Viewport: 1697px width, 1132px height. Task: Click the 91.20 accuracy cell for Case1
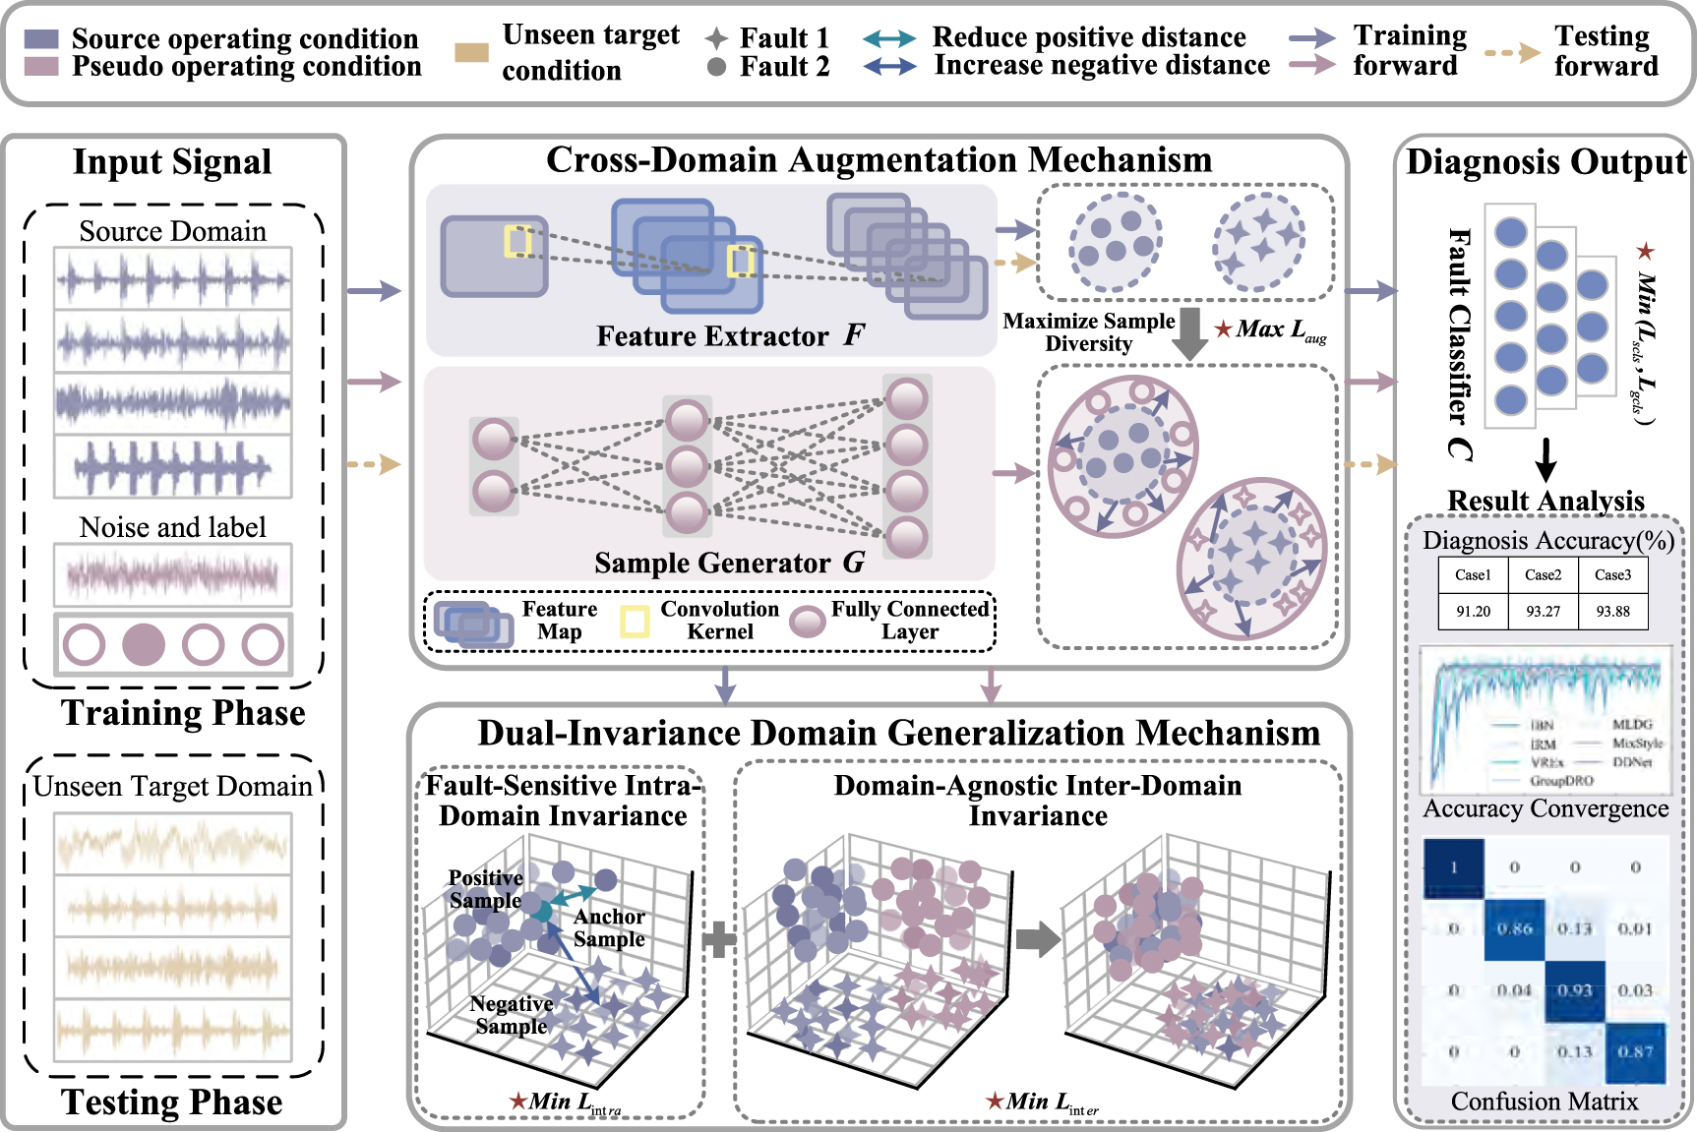(1473, 611)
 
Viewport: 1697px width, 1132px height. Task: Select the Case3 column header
(1612, 575)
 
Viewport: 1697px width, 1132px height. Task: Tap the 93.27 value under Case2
(1543, 611)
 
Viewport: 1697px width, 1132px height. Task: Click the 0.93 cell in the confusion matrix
(1574, 990)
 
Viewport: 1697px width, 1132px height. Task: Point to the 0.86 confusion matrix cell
(1514, 928)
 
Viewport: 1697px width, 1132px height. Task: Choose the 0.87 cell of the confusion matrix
(1635, 1051)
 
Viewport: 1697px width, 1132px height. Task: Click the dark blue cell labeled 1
(1453, 867)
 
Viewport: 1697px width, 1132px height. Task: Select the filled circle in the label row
(144, 645)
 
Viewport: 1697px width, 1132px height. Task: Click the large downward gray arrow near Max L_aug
(1190, 334)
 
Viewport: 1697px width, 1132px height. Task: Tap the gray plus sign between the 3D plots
(719, 939)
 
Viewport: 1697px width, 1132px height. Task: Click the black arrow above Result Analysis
(1545, 458)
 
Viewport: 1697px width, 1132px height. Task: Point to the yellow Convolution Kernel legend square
(635, 622)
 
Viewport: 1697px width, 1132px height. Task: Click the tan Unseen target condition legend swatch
(472, 52)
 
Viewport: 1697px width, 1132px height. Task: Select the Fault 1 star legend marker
(717, 38)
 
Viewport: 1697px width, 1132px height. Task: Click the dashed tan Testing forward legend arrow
(1512, 52)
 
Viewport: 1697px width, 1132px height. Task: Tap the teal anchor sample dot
(541, 911)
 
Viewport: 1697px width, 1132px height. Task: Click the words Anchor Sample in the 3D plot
(609, 927)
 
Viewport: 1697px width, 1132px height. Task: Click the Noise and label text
(172, 527)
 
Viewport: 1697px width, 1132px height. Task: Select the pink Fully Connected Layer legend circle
(808, 622)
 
